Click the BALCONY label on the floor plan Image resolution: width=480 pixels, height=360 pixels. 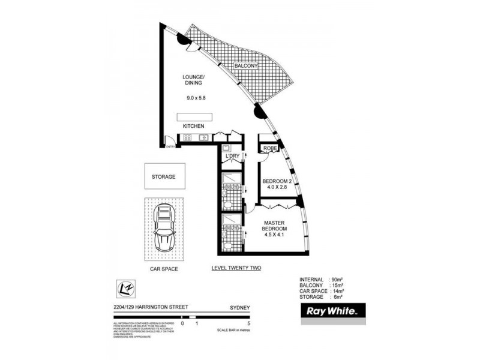(247, 66)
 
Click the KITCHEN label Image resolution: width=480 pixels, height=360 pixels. (194, 127)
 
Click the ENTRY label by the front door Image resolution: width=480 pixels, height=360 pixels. (170, 147)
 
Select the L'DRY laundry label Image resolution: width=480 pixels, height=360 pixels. (232, 158)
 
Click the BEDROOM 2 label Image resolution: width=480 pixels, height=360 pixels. (278, 182)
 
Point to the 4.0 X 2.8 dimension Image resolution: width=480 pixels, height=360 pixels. (278, 190)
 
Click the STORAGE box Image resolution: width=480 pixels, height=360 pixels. (163, 177)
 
